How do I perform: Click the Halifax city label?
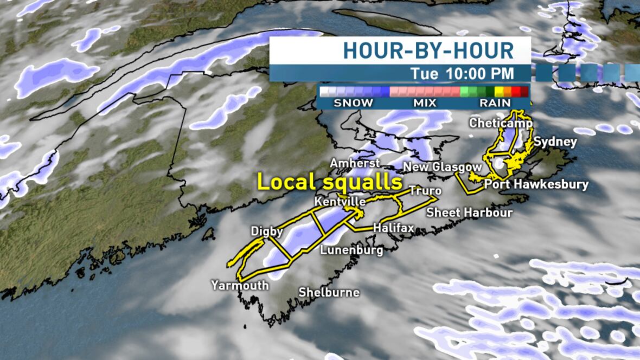click(x=393, y=228)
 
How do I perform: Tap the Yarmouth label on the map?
click(x=240, y=285)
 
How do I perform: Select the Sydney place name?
click(x=555, y=142)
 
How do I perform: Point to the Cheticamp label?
click(x=501, y=123)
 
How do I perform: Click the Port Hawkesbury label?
click(x=536, y=184)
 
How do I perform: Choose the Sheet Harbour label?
click(x=469, y=212)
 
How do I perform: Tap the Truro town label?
click(x=425, y=191)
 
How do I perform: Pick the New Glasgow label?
click(x=443, y=166)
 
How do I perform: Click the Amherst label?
click(x=355, y=163)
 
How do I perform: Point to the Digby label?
click(x=267, y=232)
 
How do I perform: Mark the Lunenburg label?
click(x=351, y=250)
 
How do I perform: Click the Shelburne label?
click(x=329, y=292)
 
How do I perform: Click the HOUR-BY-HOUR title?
click(x=428, y=50)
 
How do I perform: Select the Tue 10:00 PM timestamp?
click(x=462, y=73)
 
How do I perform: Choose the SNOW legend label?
click(x=353, y=102)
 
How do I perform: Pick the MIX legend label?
click(x=425, y=102)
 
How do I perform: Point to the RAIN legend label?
click(x=495, y=102)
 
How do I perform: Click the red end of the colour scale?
click(x=523, y=91)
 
